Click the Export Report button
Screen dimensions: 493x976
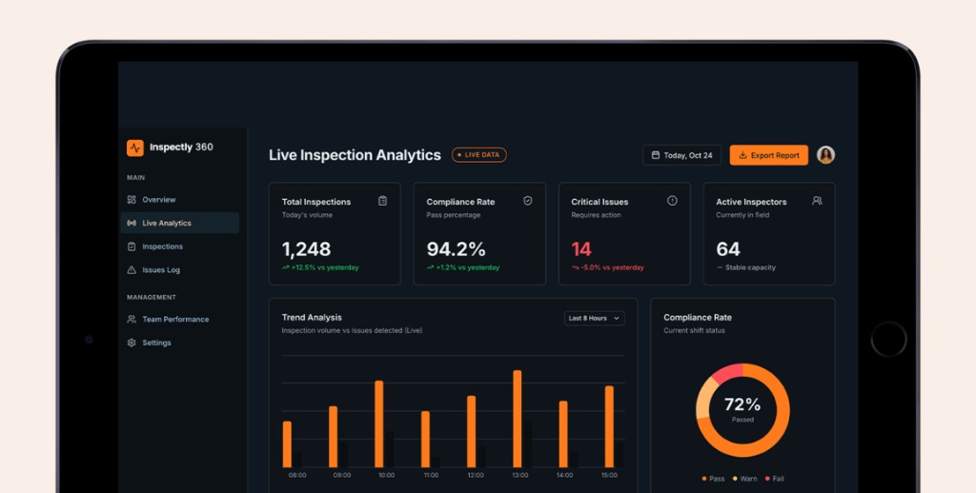[x=768, y=155]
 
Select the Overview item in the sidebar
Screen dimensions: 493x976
[x=158, y=200]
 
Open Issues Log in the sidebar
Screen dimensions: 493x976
[x=160, y=270]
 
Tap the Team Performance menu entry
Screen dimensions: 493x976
[x=174, y=320]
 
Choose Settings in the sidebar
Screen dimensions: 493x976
[x=156, y=343]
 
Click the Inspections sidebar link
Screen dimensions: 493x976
[x=162, y=246]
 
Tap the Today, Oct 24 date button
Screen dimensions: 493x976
[x=681, y=155]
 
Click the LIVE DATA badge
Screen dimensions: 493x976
[x=479, y=154]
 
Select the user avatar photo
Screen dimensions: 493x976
[x=825, y=155]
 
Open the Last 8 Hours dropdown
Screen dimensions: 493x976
[x=594, y=318]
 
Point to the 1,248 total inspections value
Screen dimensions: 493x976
[x=306, y=249]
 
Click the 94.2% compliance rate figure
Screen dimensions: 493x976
[x=456, y=249]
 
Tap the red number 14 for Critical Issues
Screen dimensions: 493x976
[x=581, y=249]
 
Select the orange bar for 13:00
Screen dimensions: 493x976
[x=518, y=418]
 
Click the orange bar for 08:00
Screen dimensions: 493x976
[x=287, y=444]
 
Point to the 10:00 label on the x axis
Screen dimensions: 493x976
[x=386, y=475]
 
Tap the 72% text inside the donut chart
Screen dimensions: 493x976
[x=742, y=404]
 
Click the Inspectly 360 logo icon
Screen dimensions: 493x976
[x=135, y=148]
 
